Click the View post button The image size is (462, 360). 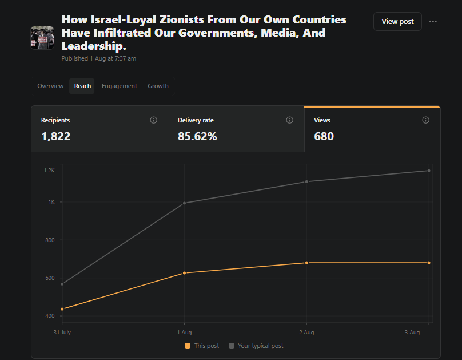pyautogui.click(x=397, y=22)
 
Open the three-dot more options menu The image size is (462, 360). pyautogui.click(x=433, y=22)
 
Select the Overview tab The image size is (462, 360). pyautogui.click(x=50, y=86)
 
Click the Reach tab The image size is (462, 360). pyautogui.click(x=82, y=86)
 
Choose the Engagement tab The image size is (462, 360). pyautogui.click(x=120, y=86)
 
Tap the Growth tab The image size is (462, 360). pyautogui.click(x=158, y=86)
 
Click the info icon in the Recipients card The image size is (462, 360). pyautogui.click(x=153, y=120)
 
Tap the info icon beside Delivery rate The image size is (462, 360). pyautogui.click(x=290, y=120)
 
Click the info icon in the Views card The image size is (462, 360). pyautogui.click(x=426, y=120)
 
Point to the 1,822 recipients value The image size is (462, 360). pyautogui.click(x=56, y=137)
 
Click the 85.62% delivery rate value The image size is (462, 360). pyautogui.click(x=197, y=137)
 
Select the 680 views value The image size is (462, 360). pyautogui.click(x=324, y=137)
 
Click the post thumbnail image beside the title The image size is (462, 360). pyautogui.click(x=42, y=38)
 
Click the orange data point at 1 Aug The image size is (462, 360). pyautogui.click(x=185, y=273)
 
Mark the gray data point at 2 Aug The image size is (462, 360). pyautogui.click(x=306, y=181)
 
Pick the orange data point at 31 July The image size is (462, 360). pyautogui.click(x=62, y=309)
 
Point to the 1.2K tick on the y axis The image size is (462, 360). pyautogui.click(x=49, y=171)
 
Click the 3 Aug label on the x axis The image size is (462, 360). pyautogui.click(x=412, y=333)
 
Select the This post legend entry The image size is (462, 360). pyautogui.click(x=202, y=346)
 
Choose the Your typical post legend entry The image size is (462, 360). pyautogui.click(x=256, y=346)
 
